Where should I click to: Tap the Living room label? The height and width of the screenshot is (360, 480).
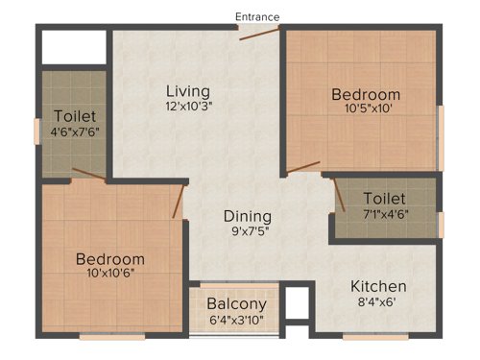coord(181,90)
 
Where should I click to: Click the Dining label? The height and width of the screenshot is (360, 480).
coord(248,216)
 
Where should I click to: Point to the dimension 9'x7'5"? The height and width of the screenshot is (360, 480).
coord(248,232)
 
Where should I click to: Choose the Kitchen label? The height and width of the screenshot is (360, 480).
coord(377,286)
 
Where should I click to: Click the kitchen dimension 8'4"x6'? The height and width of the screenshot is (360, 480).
coord(377,303)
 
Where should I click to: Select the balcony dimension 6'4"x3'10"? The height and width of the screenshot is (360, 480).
coord(235,321)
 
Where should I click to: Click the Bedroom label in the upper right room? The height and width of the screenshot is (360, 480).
coord(366,94)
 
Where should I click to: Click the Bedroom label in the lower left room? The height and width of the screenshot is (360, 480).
coord(110,259)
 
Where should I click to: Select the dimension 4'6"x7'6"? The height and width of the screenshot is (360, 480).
coord(75,132)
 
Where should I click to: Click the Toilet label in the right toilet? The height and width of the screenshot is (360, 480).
coord(384,199)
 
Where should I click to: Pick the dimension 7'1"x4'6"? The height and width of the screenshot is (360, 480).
coord(384,215)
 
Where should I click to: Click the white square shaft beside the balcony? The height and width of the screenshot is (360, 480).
coord(299,303)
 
